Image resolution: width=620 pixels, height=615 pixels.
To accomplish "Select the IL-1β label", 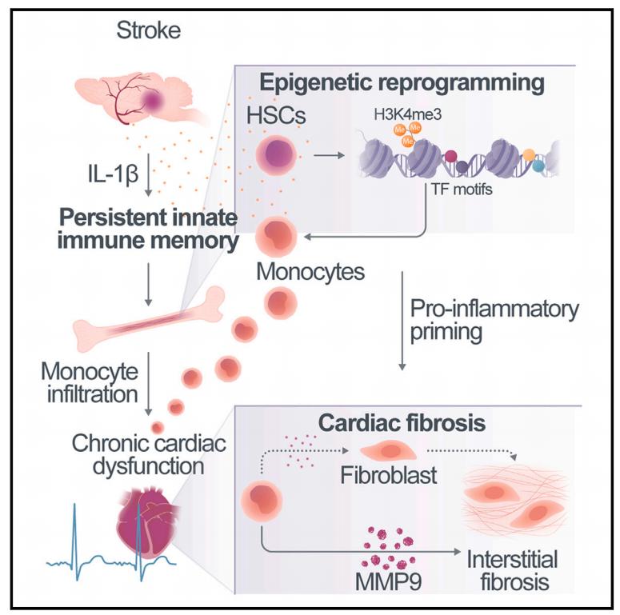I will (113, 170).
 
